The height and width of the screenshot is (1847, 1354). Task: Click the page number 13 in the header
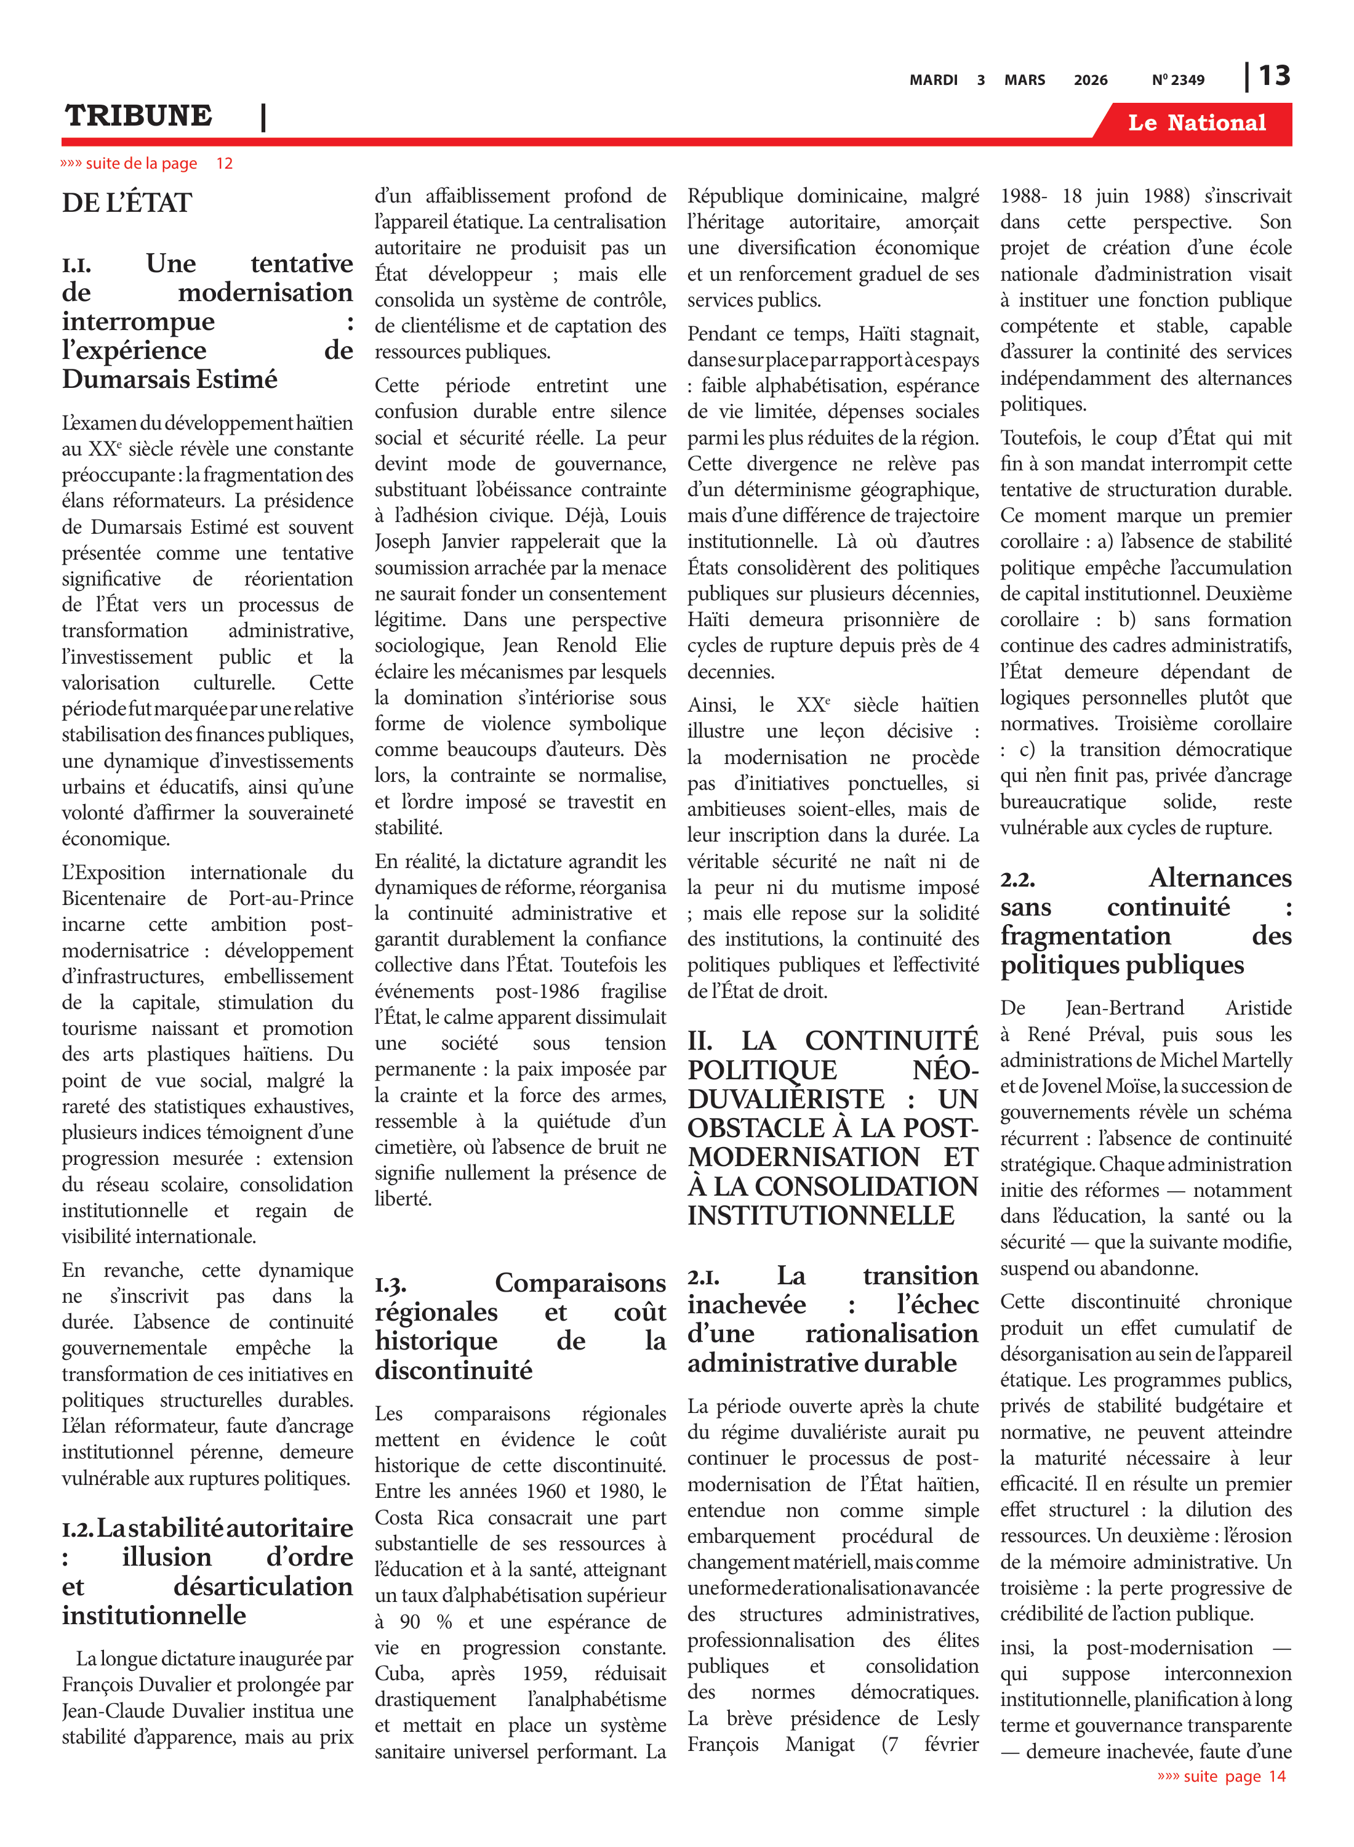[x=1275, y=76]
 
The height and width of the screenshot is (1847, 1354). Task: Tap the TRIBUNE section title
[x=138, y=116]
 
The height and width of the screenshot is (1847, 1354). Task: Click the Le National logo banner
[x=1196, y=123]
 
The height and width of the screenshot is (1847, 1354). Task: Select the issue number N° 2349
[x=1178, y=80]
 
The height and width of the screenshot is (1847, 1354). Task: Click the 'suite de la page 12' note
[x=146, y=163]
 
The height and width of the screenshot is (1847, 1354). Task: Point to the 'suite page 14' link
[x=1221, y=1776]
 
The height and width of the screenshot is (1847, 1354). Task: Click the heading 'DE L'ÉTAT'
[x=126, y=203]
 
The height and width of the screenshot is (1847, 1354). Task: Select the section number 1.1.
[x=76, y=265]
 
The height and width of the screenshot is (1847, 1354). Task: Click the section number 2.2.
[x=1017, y=880]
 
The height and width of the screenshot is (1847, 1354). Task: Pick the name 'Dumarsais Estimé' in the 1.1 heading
[x=170, y=380]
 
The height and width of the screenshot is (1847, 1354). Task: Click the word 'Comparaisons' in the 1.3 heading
[x=580, y=1283]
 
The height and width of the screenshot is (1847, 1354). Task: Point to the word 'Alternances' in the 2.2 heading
[x=1220, y=878]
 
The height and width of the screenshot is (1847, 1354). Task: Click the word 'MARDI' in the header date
[x=934, y=80]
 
